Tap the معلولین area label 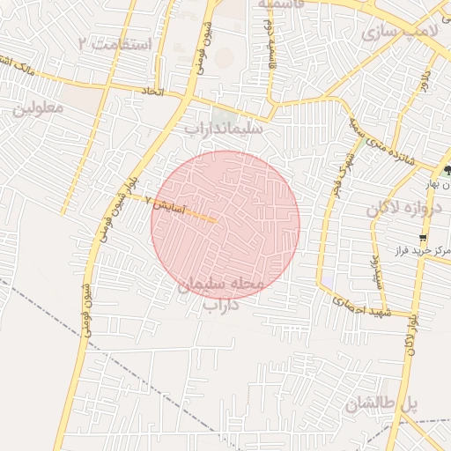[39, 109]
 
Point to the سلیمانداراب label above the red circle [225, 129]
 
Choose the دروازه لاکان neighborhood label [396, 209]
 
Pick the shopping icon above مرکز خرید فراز [424, 237]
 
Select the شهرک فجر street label [336, 175]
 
